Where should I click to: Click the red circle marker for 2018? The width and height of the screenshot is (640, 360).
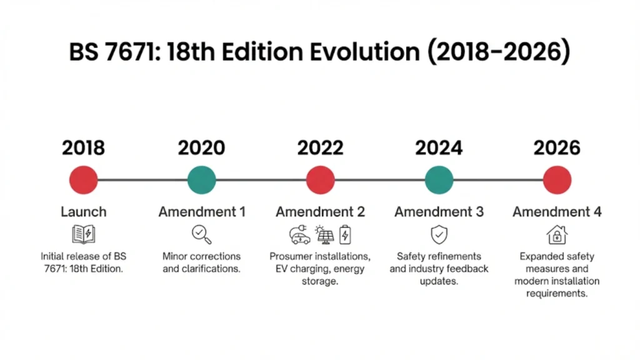[83, 180]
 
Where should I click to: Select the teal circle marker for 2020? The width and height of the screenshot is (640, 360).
[201, 180]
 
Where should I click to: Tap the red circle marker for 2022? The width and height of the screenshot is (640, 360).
[320, 180]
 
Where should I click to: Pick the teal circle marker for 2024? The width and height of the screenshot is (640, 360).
[439, 180]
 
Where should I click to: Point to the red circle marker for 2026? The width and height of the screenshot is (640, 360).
[557, 180]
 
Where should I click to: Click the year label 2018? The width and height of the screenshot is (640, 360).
[83, 148]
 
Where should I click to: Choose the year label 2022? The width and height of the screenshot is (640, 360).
[320, 148]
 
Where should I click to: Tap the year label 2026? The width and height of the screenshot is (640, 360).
[557, 148]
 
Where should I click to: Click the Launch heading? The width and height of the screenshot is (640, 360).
[83, 212]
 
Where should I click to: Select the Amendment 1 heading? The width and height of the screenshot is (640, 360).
[201, 212]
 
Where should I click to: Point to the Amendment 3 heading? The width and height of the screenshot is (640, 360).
[439, 212]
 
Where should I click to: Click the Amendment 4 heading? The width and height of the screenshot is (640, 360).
[557, 212]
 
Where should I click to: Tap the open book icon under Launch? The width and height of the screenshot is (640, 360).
[83, 234]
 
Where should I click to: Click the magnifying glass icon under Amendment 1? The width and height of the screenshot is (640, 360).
[201, 234]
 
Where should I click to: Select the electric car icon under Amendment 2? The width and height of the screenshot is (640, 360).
[300, 235]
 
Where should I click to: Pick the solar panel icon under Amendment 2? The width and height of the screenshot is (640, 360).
[324, 234]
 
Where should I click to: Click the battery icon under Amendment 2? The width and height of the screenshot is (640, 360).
[345, 234]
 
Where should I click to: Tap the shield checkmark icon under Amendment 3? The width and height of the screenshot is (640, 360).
[439, 234]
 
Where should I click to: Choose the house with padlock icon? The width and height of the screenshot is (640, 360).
[556, 234]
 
